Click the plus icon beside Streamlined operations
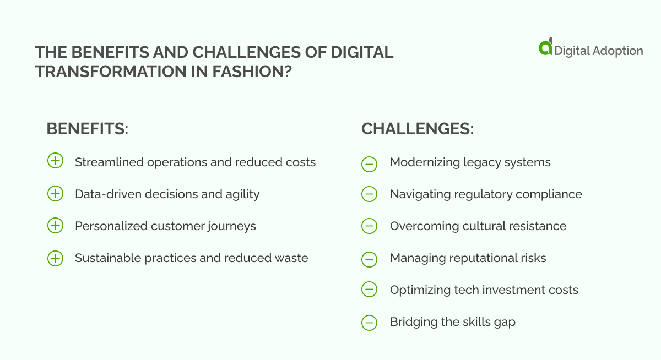click(x=55, y=162)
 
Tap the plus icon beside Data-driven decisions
click(x=55, y=194)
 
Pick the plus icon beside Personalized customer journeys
click(x=55, y=226)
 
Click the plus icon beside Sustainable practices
click(x=55, y=258)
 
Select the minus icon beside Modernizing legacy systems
click(x=369, y=163)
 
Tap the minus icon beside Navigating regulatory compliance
click(x=369, y=194)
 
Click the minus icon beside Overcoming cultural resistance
click(x=369, y=226)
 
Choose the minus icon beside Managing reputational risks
click(x=369, y=258)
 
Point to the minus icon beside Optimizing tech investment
click(x=369, y=290)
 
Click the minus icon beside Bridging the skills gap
click(x=369, y=322)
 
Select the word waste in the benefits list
click(x=292, y=258)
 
